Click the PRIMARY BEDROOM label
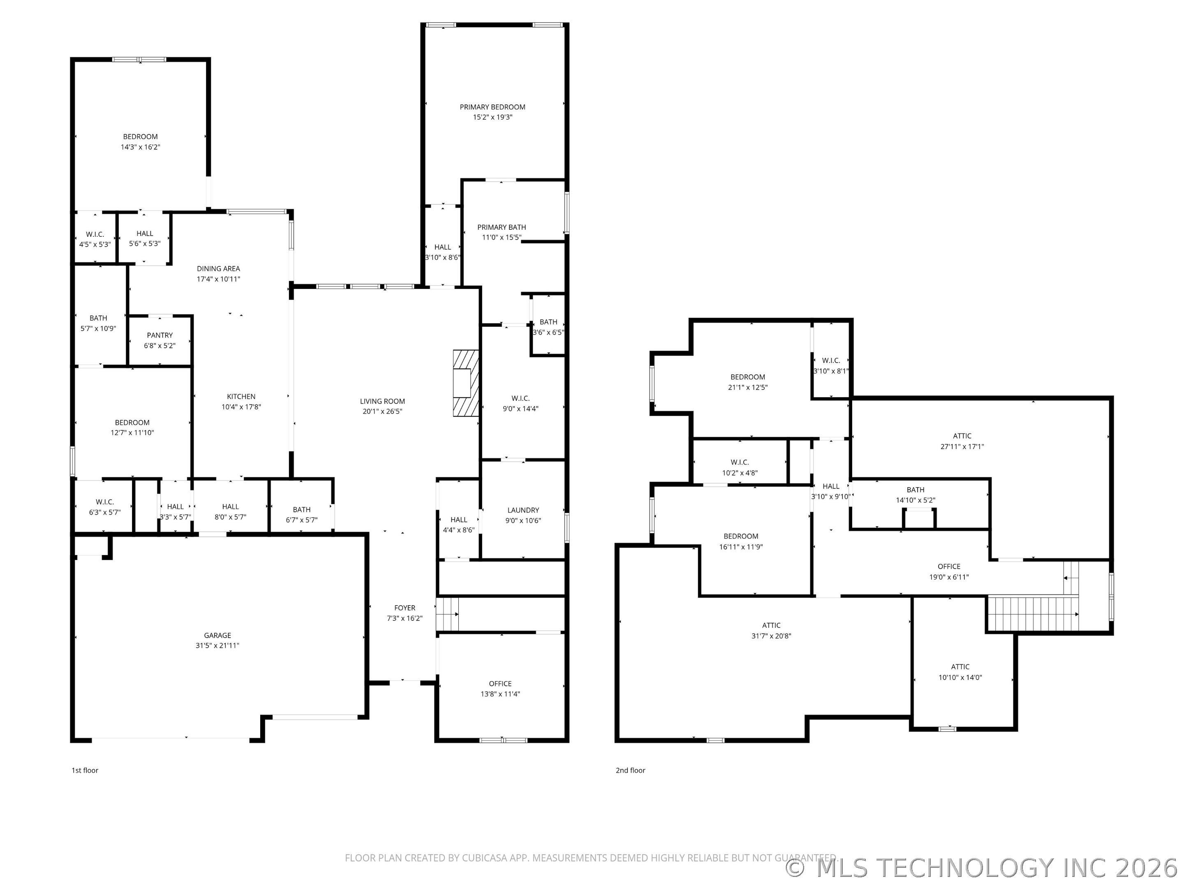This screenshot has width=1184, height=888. pyautogui.click(x=493, y=107)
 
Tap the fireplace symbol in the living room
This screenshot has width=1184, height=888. pyautogui.click(x=466, y=383)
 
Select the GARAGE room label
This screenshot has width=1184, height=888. pyautogui.click(x=217, y=635)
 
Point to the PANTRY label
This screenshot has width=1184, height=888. pyautogui.click(x=160, y=335)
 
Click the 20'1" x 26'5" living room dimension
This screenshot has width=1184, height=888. pyautogui.click(x=382, y=411)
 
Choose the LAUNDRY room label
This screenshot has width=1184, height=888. pyautogui.click(x=523, y=510)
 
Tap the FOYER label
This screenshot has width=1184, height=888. pyautogui.click(x=405, y=608)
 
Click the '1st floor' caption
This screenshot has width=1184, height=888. pyautogui.click(x=85, y=770)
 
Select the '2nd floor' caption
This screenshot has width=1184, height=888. pyautogui.click(x=631, y=770)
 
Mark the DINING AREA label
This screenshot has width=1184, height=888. pyautogui.click(x=218, y=269)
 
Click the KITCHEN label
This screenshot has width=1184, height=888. pyautogui.click(x=241, y=397)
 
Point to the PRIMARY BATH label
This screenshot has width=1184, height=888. pyautogui.click(x=502, y=227)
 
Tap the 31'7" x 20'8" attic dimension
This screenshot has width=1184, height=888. pyautogui.click(x=771, y=636)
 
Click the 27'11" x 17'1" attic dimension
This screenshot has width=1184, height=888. pyautogui.click(x=962, y=446)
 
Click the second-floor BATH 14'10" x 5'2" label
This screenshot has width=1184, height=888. pyautogui.click(x=915, y=495)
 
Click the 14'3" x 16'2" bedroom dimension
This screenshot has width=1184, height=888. pyautogui.click(x=140, y=147)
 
